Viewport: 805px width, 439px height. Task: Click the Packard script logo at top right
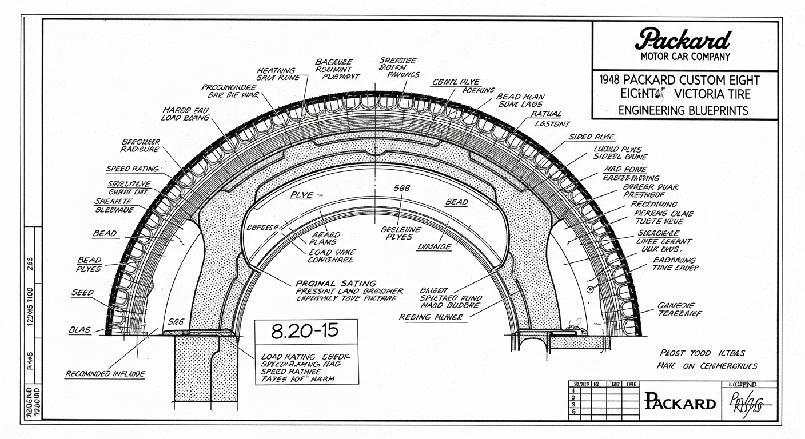[x=684, y=39]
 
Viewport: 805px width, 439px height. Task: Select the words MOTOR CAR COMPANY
[x=685, y=56]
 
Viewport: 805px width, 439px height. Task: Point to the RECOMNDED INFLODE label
[x=105, y=374]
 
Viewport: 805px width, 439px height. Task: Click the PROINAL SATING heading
[x=336, y=282]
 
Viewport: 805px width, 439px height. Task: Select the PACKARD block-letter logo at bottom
[x=680, y=402]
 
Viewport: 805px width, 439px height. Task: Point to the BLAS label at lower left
[x=79, y=330]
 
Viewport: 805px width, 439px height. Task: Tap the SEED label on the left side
[x=82, y=293]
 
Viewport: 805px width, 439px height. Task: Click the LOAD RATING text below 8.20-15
[x=285, y=356]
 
